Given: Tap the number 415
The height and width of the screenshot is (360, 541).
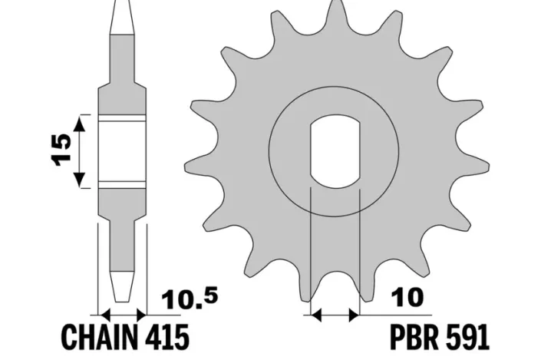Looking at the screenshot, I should pos(165,338).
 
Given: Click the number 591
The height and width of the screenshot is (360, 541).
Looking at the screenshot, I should pos(463,338).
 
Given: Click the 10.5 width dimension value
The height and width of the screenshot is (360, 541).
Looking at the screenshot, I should pos(180,298).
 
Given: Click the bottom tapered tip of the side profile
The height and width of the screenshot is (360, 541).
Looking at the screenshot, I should pos(123,296).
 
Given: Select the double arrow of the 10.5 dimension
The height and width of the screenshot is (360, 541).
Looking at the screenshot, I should pos(123,314).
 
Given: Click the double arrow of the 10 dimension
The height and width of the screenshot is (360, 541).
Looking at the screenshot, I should pos(334,314).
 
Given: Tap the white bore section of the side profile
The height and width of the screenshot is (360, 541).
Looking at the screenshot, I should pos(123,151).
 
